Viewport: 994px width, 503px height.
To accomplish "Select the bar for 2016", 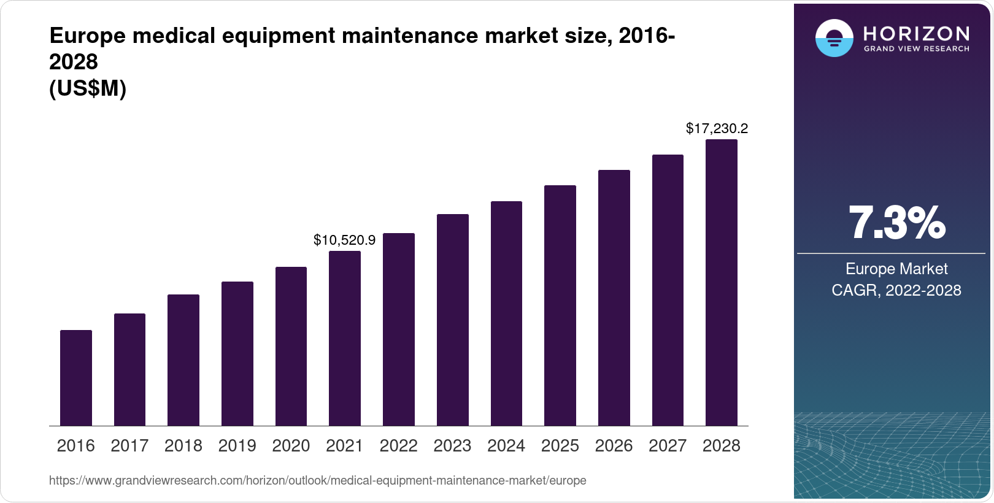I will [76, 378].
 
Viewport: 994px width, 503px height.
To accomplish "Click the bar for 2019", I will [237, 354].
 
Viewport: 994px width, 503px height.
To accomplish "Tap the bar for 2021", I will [345, 339].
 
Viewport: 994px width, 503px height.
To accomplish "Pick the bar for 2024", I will [506, 313].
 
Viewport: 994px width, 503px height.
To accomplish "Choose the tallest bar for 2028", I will [722, 283].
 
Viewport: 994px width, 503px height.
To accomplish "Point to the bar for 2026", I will [614, 298].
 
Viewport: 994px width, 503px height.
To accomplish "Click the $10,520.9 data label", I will [344, 240].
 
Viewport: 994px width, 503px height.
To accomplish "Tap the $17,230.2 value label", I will [717, 128].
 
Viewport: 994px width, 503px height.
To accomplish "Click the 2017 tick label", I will [129, 446].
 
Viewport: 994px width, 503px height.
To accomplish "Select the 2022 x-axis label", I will [398, 446].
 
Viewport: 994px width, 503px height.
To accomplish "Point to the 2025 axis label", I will [560, 446].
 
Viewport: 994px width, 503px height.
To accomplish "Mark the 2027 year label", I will [668, 446].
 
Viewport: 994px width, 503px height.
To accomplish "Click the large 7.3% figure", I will [896, 223].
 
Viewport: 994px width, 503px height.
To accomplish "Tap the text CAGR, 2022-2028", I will [896, 290].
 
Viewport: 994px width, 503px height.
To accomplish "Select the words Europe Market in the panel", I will [896, 269].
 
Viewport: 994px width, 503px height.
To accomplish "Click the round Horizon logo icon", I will [834, 39].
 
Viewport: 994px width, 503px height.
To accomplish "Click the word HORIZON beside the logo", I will [917, 33].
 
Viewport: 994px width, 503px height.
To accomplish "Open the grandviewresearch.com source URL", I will [317, 480].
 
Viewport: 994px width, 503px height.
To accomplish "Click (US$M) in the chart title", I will [88, 88].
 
